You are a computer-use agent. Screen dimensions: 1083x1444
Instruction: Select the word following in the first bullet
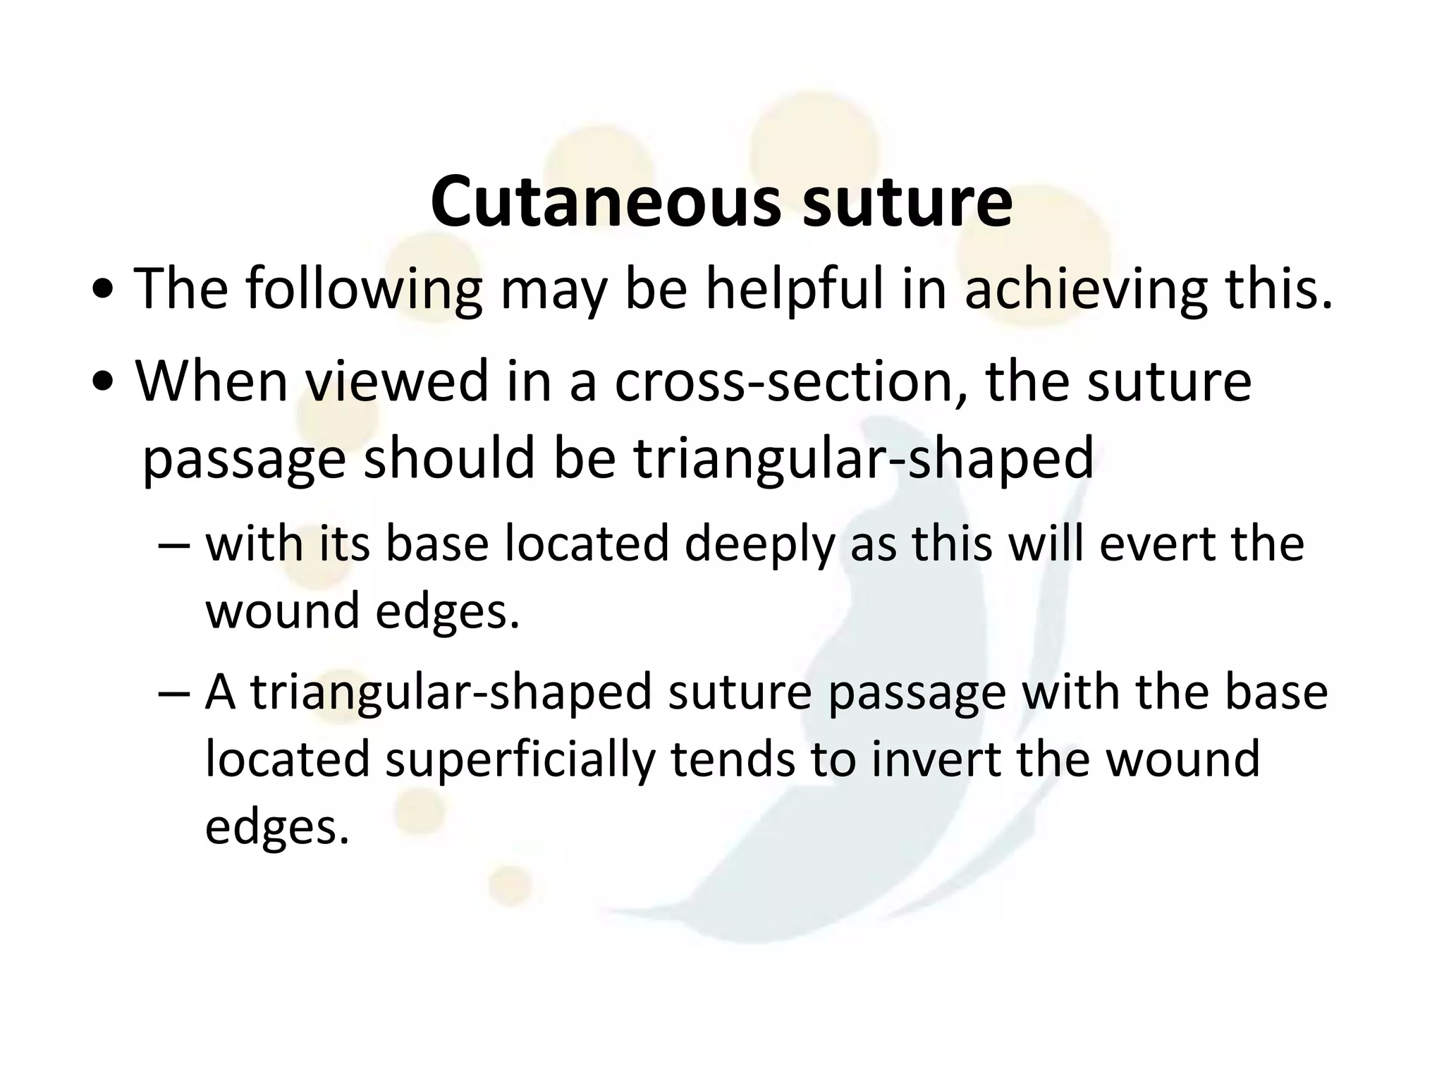[364, 288]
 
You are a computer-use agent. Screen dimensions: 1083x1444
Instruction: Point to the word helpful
[794, 288]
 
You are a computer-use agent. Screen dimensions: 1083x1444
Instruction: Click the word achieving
[1085, 288]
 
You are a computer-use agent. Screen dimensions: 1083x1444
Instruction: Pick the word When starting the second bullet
[212, 381]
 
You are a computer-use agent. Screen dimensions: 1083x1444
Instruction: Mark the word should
[448, 458]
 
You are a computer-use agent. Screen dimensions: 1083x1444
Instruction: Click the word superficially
[520, 759]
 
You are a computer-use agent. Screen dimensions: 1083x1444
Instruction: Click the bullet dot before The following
[104, 291]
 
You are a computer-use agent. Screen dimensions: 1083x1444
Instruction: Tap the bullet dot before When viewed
[104, 384]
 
